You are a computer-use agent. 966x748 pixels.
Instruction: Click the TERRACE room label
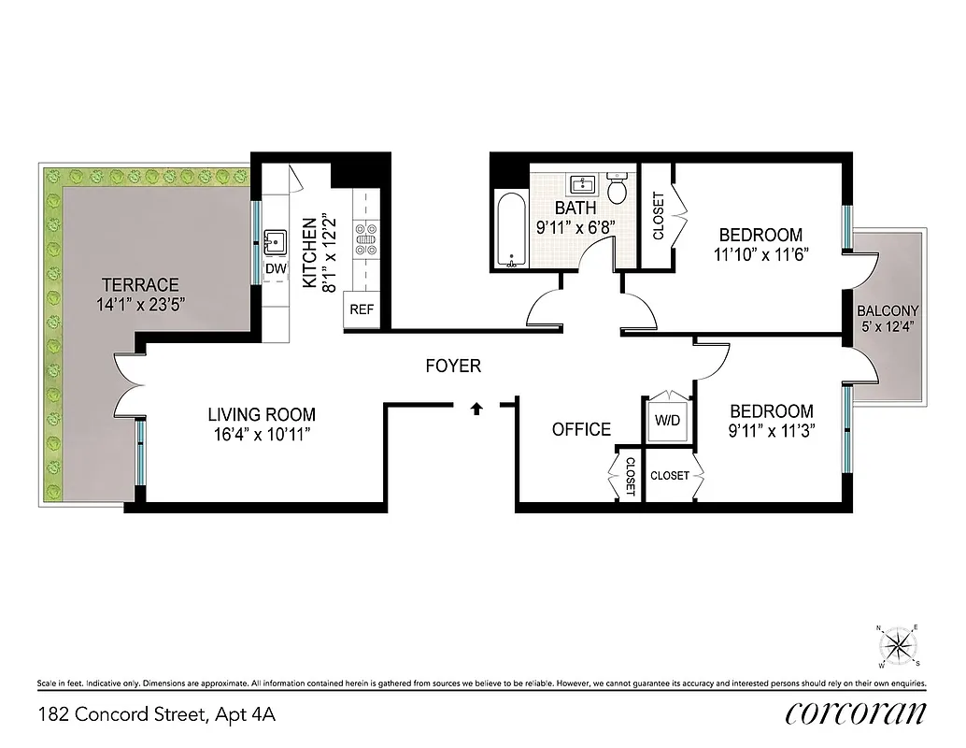coord(139,284)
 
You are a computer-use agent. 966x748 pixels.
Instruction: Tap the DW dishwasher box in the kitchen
coord(276,268)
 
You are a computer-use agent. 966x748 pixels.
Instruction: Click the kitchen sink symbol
coord(276,243)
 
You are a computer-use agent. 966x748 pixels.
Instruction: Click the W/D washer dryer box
coord(667,420)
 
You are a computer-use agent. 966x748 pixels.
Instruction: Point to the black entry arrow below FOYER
coord(476,407)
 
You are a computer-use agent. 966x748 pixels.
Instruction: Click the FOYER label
coord(453,366)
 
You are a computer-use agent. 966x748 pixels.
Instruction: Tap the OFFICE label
coord(581,429)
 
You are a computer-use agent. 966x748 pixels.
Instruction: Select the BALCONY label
coord(888,311)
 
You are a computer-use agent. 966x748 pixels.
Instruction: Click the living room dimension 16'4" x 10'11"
coord(261,434)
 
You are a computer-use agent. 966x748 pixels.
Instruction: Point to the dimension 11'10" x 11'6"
coord(760,254)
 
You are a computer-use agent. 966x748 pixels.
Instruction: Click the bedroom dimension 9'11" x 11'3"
coord(771,431)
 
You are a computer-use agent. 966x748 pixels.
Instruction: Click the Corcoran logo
coord(855,712)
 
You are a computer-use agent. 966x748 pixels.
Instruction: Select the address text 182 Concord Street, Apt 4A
coord(157,715)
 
